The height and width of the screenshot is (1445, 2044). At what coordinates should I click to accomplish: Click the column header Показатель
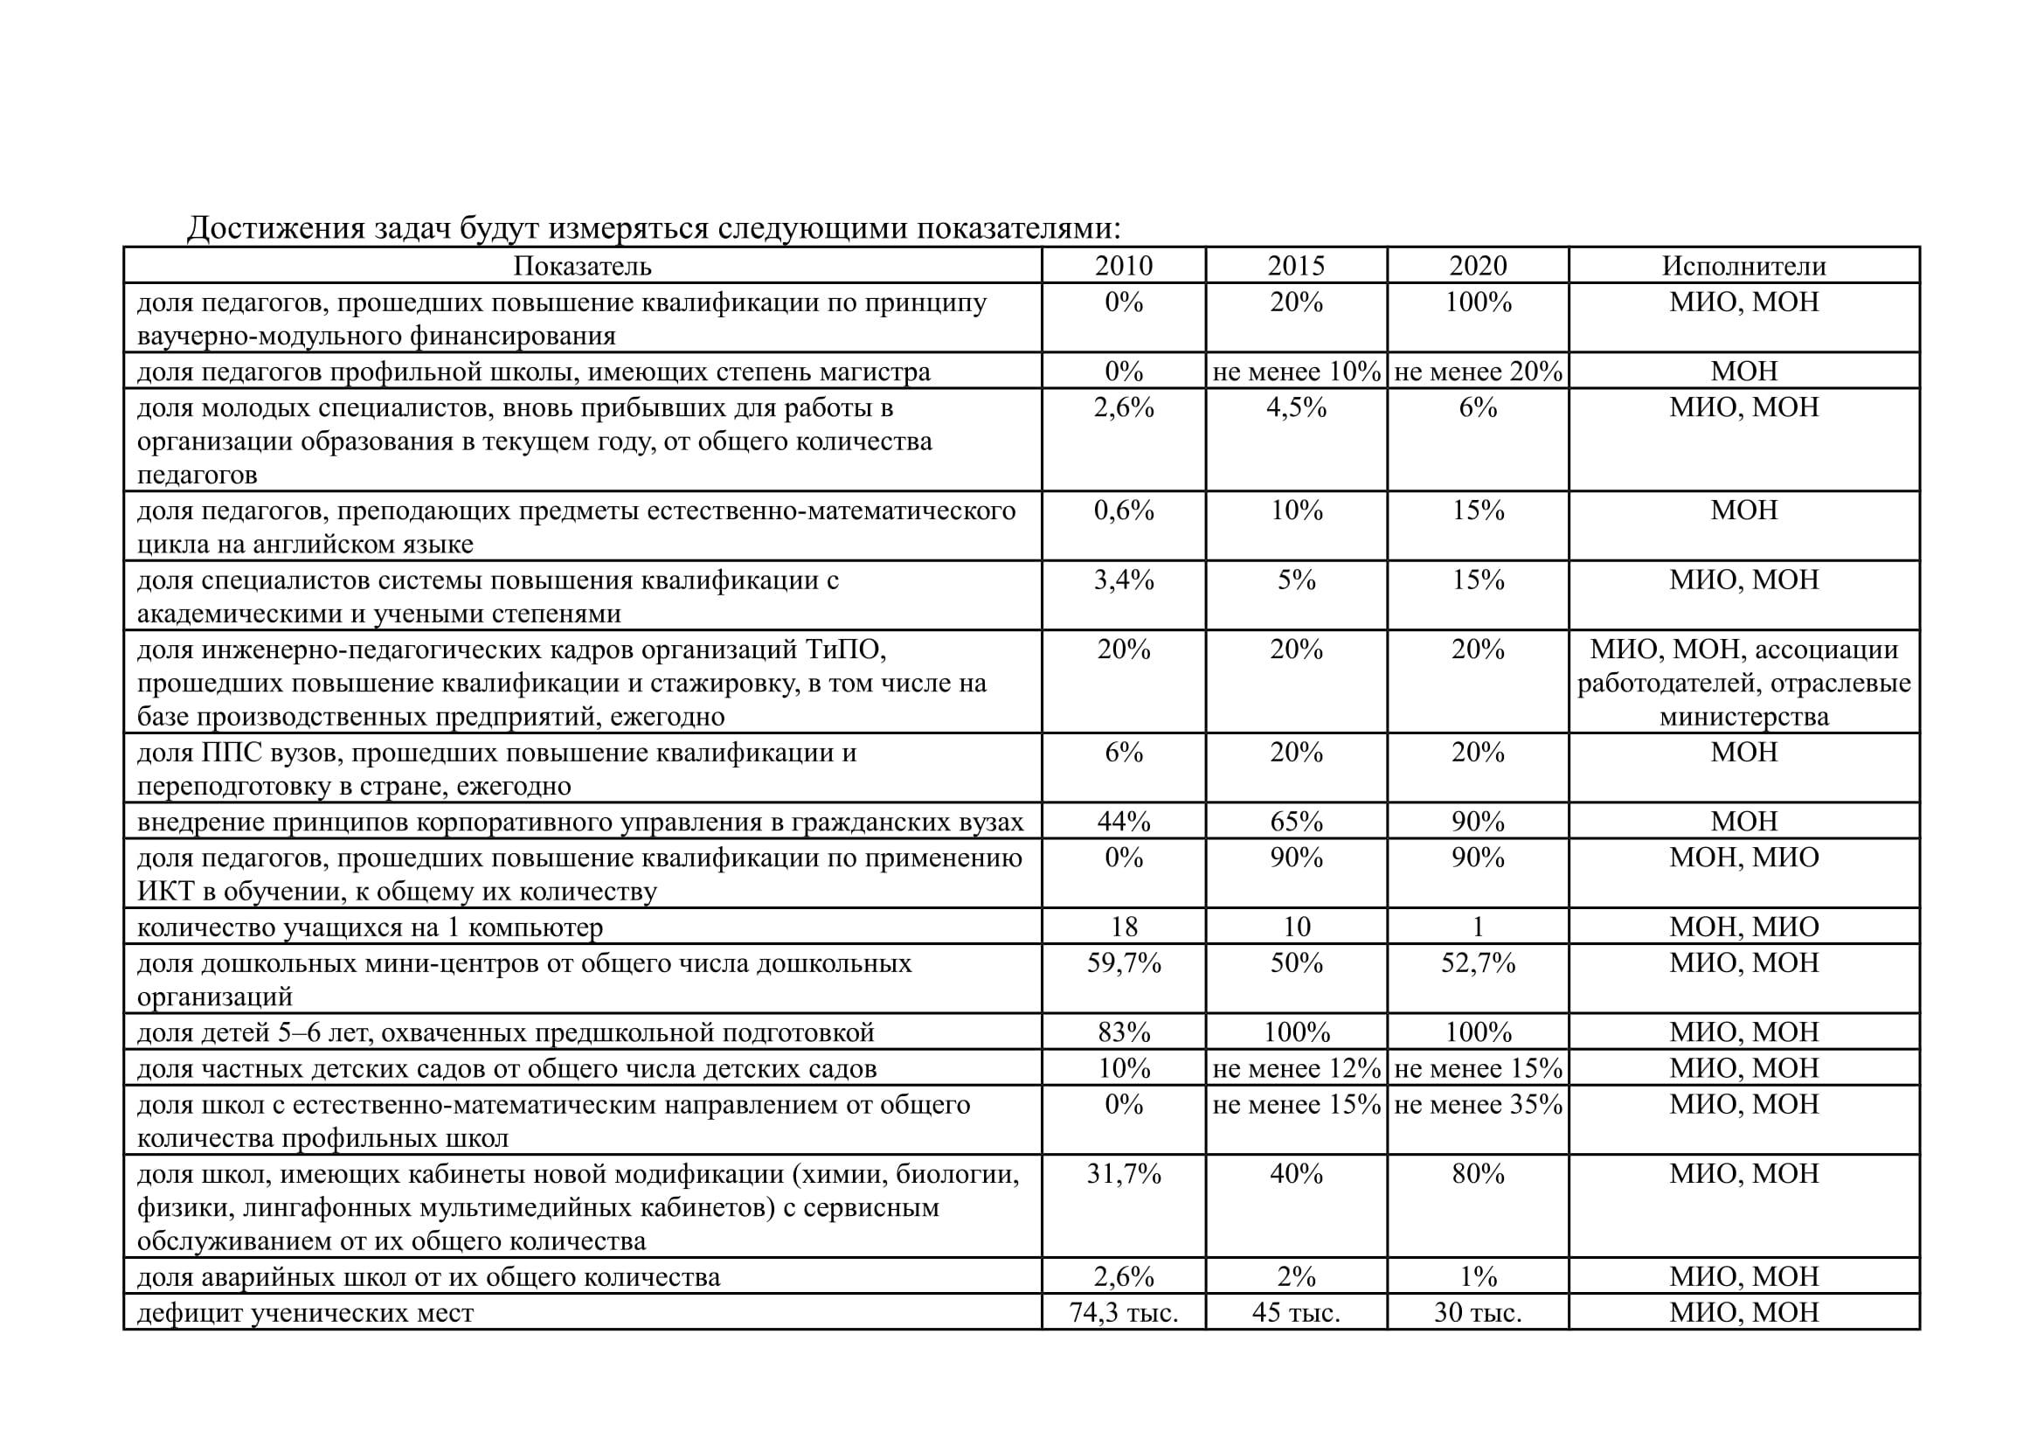click(582, 267)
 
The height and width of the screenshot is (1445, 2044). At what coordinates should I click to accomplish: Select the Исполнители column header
click(1743, 267)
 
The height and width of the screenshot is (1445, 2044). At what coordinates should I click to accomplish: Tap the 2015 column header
click(1295, 267)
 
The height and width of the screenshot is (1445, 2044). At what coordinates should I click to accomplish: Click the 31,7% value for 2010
click(1124, 1174)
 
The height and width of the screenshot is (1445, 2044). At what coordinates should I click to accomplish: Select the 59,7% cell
click(1124, 963)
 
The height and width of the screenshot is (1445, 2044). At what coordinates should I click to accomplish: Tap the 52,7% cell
click(1478, 963)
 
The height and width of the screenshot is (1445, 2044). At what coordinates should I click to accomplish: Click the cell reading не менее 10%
click(1296, 372)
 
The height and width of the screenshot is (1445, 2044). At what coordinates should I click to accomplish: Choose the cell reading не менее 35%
click(1478, 1105)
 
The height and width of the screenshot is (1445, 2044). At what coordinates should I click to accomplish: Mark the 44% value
click(1124, 822)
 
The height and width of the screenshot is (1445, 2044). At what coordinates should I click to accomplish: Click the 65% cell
click(1296, 822)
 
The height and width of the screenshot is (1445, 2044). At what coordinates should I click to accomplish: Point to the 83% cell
click(1124, 1032)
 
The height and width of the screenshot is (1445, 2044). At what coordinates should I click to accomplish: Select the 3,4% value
click(1124, 580)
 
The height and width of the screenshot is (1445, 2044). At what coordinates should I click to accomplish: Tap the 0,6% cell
click(1124, 511)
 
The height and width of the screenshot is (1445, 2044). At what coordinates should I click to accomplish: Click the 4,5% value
click(1296, 407)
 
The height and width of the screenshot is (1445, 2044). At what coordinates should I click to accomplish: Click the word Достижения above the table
click(275, 229)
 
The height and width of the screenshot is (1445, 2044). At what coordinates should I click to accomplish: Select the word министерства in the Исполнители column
click(1743, 717)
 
